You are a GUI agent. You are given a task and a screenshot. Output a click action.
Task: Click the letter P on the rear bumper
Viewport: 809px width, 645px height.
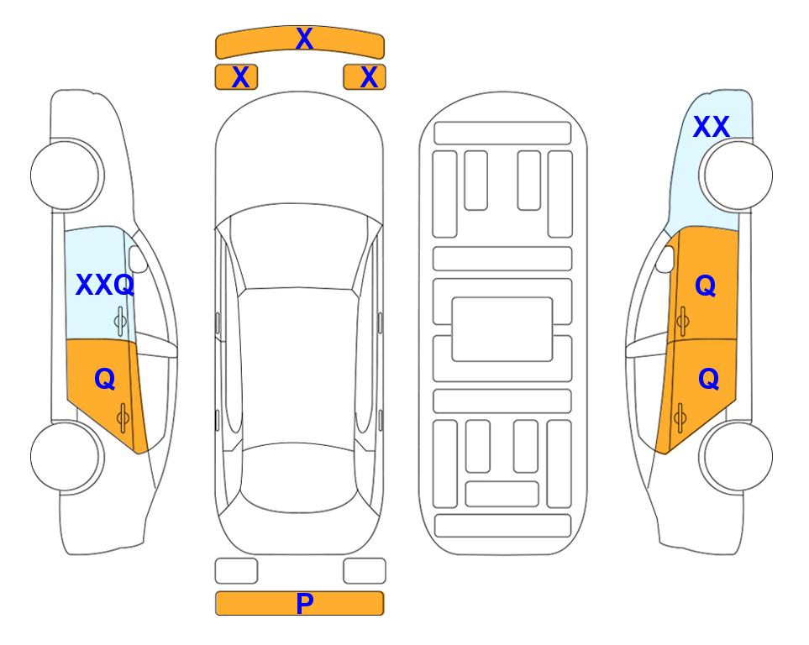coord(304,603)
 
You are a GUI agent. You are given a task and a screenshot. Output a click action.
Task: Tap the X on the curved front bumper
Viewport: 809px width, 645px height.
coord(304,39)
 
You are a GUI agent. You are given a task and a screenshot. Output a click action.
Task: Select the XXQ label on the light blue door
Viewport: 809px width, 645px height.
coord(105,285)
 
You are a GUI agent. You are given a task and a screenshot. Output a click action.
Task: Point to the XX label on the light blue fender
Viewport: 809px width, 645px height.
coord(711,127)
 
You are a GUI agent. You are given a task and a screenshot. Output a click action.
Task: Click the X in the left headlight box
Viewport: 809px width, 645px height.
coord(240,77)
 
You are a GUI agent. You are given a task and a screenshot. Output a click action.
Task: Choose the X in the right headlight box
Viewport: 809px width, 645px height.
coord(369,77)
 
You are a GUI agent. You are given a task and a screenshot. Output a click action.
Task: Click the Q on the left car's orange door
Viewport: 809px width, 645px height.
coord(105,380)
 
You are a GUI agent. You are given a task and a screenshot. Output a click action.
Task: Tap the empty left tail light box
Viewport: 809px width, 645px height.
coord(236,571)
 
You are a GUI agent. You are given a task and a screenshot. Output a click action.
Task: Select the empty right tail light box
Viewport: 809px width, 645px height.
coord(365,571)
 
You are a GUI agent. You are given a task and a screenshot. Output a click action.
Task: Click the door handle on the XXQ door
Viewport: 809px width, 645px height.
coord(120,322)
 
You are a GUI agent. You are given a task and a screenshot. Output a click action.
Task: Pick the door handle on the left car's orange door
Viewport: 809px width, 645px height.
coord(123,418)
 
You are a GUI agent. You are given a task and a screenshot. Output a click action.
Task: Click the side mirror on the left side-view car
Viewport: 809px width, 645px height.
coord(137,259)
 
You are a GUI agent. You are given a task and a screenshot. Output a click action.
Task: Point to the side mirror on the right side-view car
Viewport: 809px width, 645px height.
coord(665,259)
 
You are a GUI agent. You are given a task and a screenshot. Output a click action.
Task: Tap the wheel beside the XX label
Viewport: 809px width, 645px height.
coord(736,176)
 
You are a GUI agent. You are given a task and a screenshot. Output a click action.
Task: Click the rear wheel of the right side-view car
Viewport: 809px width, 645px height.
coord(736,457)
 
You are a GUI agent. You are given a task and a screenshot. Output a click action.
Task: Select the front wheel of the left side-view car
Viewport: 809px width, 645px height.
coord(67,176)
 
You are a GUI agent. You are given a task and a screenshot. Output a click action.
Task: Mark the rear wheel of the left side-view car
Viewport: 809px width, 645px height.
coord(67,457)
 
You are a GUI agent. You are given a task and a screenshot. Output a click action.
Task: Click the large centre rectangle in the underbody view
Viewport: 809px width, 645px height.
coord(502,329)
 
